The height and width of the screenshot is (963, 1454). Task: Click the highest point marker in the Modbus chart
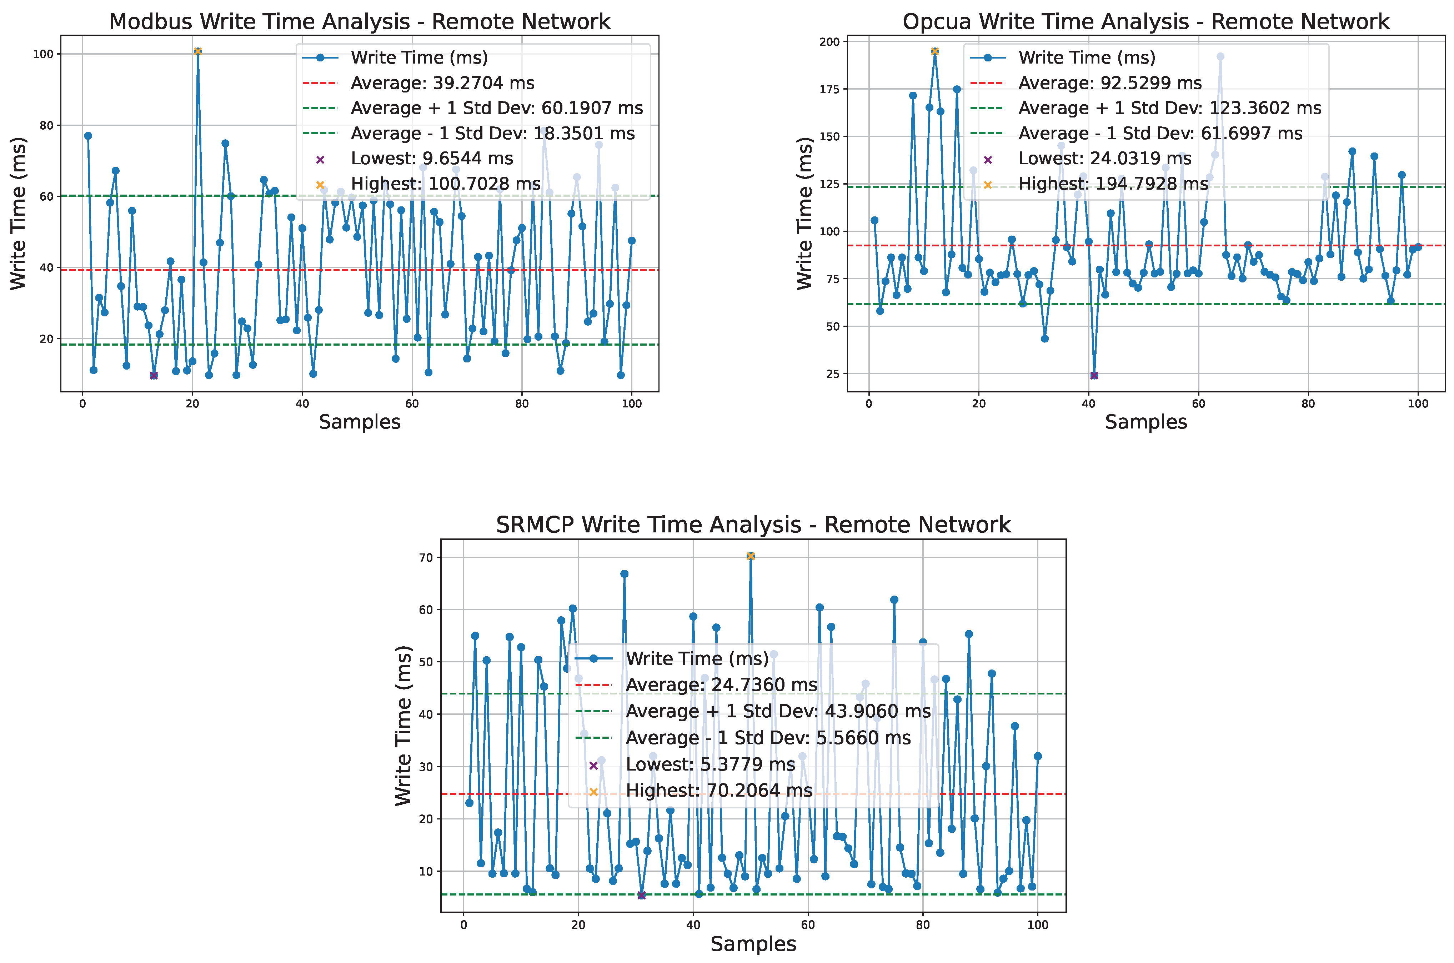pos(198,51)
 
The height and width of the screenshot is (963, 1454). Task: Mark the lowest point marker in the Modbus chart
pos(154,375)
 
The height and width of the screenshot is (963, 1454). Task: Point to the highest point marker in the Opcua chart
pos(934,51)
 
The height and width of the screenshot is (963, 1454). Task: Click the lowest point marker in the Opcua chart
pos(1094,375)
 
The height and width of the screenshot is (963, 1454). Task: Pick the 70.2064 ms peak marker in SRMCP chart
pos(750,556)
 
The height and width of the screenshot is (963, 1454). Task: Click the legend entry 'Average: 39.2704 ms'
pos(442,83)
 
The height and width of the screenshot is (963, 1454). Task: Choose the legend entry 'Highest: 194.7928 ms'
pos(1113,184)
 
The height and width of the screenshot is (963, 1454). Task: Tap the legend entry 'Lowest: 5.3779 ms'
pos(710,764)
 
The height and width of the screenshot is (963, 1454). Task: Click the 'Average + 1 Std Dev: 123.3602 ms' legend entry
pos(1169,108)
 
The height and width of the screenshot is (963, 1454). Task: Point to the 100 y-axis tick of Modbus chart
pos(43,54)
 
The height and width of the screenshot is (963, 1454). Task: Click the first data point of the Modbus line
pos(88,136)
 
